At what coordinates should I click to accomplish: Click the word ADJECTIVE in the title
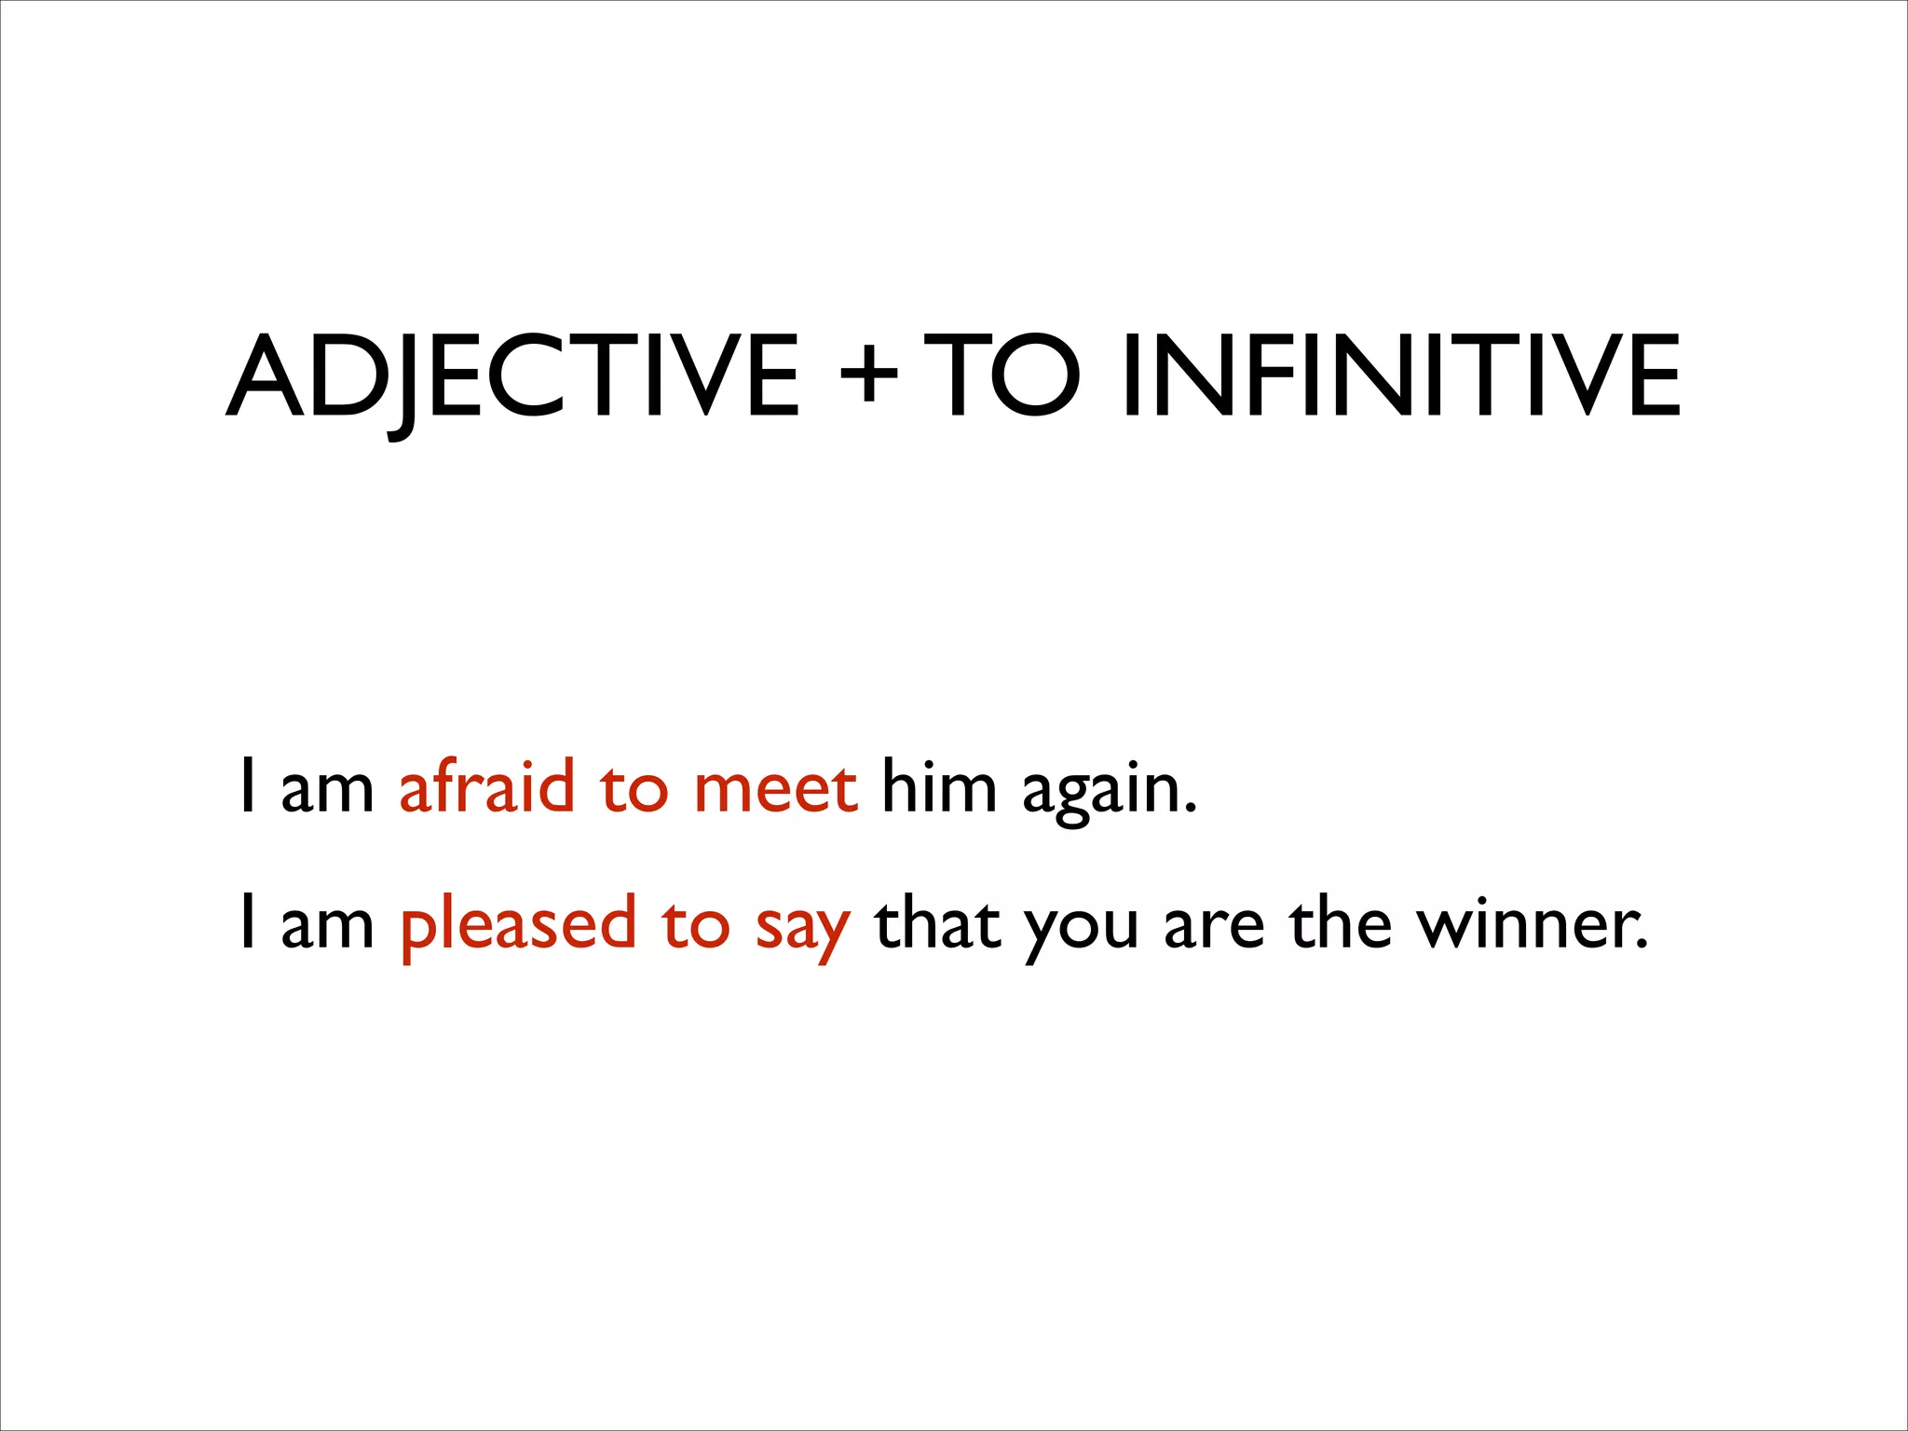(x=511, y=376)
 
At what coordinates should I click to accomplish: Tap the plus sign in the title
(x=867, y=376)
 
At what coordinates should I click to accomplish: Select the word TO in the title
(x=1002, y=376)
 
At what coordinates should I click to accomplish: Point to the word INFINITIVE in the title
(x=1401, y=376)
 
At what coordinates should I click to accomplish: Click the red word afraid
(x=486, y=786)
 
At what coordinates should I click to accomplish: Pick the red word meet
(x=775, y=788)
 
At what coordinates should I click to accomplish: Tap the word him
(x=938, y=786)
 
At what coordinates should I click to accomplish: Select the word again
(x=1108, y=792)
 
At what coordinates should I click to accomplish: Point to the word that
(x=937, y=924)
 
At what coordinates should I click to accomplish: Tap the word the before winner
(x=1341, y=924)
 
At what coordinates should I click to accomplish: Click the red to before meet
(x=634, y=788)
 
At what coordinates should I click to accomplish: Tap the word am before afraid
(x=327, y=790)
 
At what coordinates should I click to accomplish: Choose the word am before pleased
(x=327, y=928)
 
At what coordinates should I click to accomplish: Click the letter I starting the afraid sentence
(x=247, y=786)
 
